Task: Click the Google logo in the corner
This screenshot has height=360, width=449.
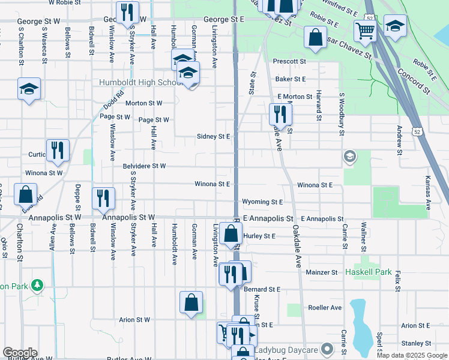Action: (x=20, y=353)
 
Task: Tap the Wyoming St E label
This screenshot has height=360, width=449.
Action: (x=262, y=202)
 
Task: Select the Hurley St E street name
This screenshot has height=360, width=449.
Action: (x=259, y=236)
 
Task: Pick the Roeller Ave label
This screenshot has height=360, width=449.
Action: (x=325, y=308)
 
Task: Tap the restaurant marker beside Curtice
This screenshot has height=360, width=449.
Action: (x=58, y=150)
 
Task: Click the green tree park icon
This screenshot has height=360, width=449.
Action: (x=37, y=284)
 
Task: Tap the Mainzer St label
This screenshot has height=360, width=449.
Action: (x=322, y=272)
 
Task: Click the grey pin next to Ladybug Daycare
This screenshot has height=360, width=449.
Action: (x=327, y=349)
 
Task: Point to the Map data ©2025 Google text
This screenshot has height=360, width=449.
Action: (x=412, y=355)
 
